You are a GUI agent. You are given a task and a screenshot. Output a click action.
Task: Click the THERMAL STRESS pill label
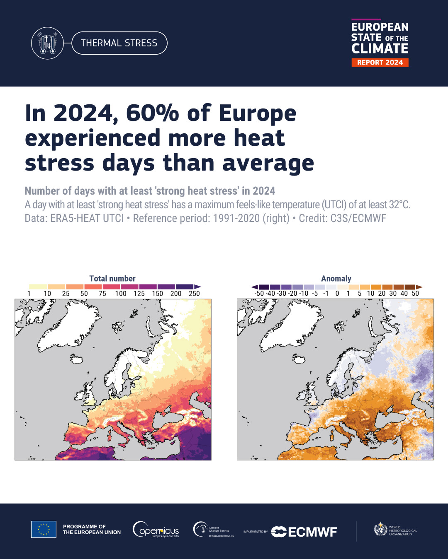pos(119,43)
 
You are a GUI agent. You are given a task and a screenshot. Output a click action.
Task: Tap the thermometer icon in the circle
pos(47,43)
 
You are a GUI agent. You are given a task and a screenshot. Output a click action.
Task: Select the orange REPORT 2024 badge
pos(380,63)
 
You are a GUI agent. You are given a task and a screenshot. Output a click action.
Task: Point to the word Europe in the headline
pos(257,113)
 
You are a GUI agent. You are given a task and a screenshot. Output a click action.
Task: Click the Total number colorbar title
pos(112,279)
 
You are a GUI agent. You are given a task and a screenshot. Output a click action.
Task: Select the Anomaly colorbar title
pos(336,279)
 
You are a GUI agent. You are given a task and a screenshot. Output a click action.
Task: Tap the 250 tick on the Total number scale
pos(194,294)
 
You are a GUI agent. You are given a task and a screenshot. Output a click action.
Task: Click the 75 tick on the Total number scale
pos(102,294)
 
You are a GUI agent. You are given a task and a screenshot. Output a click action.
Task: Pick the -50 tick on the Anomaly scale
pos(259,294)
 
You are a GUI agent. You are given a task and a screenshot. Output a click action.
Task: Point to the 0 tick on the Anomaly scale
pos(337,294)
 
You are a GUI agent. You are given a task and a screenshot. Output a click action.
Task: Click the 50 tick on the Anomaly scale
pos(415,294)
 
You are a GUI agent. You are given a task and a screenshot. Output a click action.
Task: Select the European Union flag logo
pos(44,529)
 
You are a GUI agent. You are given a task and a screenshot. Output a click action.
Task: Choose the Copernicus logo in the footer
pos(156,530)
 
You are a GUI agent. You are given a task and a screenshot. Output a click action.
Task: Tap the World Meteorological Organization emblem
pos(380,529)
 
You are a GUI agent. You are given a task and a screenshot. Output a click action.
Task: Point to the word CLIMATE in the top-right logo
pos(380,49)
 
